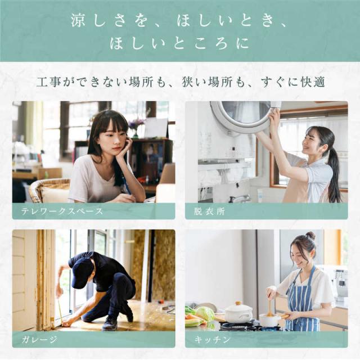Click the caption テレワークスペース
pyautogui.click(x=62, y=211)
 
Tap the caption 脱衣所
pyautogui.click(x=209, y=211)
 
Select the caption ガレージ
pyautogui.click(x=39, y=339)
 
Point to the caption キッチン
pyautogui.click(x=212, y=339)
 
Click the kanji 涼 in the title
pyautogui.click(x=79, y=20)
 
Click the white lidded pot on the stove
pyautogui.click(x=238, y=312)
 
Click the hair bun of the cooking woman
pyautogui.click(x=310, y=236)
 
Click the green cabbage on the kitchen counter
pyautogui.click(x=205, y=314)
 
